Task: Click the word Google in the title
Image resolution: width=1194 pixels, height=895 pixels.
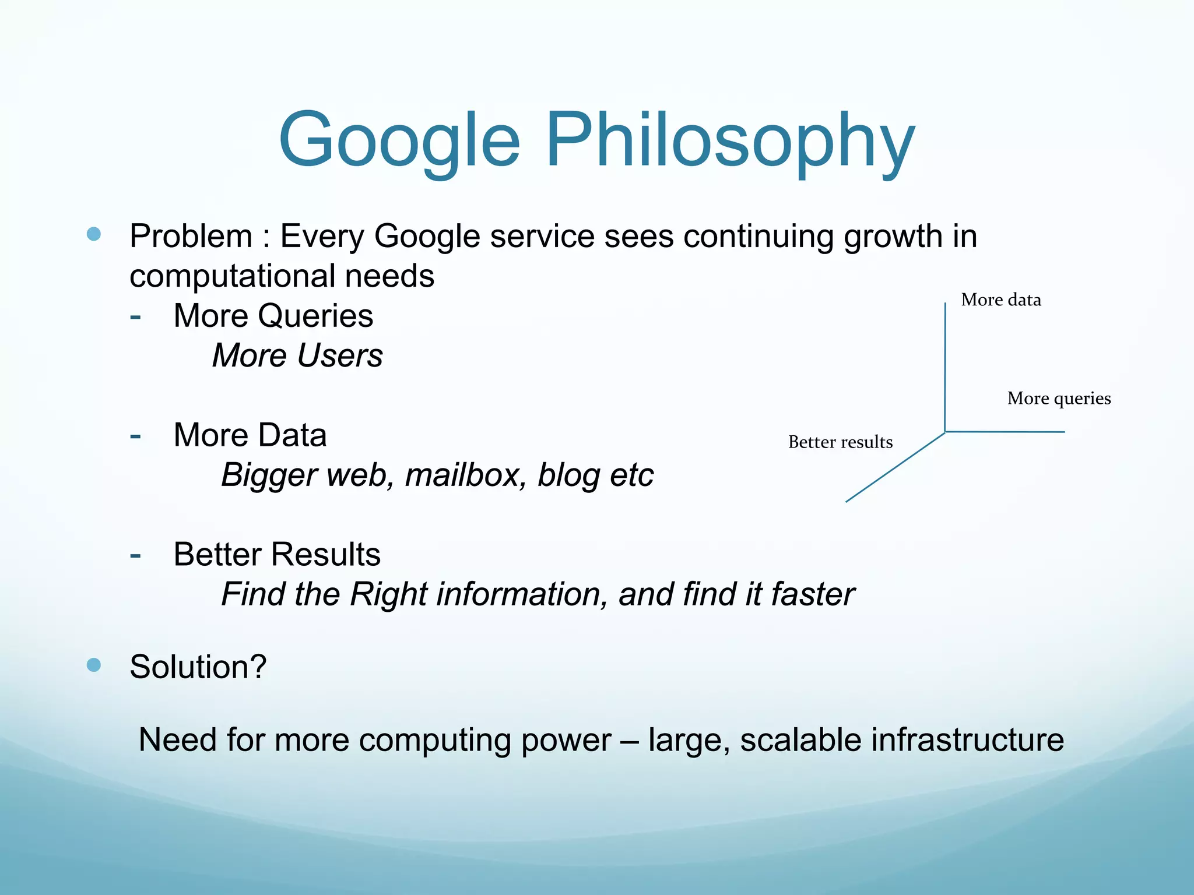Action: click(x=399, y=141)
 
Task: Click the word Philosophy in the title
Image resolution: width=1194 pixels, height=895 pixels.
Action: click(x=730, y=141)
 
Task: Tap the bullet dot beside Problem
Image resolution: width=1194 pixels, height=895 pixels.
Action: click(x=93, y=234)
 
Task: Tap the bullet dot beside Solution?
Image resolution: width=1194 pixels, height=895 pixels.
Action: click(x=93, y=665)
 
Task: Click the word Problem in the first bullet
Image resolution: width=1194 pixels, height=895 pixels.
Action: click(x=191, y=237)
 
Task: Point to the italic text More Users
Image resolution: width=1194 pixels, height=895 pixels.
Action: click(x=297, y=355)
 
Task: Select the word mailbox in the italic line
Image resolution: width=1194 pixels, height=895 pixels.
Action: click(x=462, y=475)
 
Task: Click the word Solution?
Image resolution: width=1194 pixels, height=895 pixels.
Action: click(x=198, y=667)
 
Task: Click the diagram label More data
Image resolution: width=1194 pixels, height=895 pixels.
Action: click(x=1000, y=300)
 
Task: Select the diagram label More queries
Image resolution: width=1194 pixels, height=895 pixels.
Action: click(x=1059, y=399)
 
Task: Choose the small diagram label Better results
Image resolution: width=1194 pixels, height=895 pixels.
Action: click(x=840, y=442)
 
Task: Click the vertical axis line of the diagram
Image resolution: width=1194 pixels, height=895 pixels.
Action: click(x=945, y=367)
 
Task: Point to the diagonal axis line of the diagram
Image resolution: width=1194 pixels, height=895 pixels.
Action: click(x=895, y=467)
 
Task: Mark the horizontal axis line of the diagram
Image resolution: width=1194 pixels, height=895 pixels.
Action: click(x=1005, y=432)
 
